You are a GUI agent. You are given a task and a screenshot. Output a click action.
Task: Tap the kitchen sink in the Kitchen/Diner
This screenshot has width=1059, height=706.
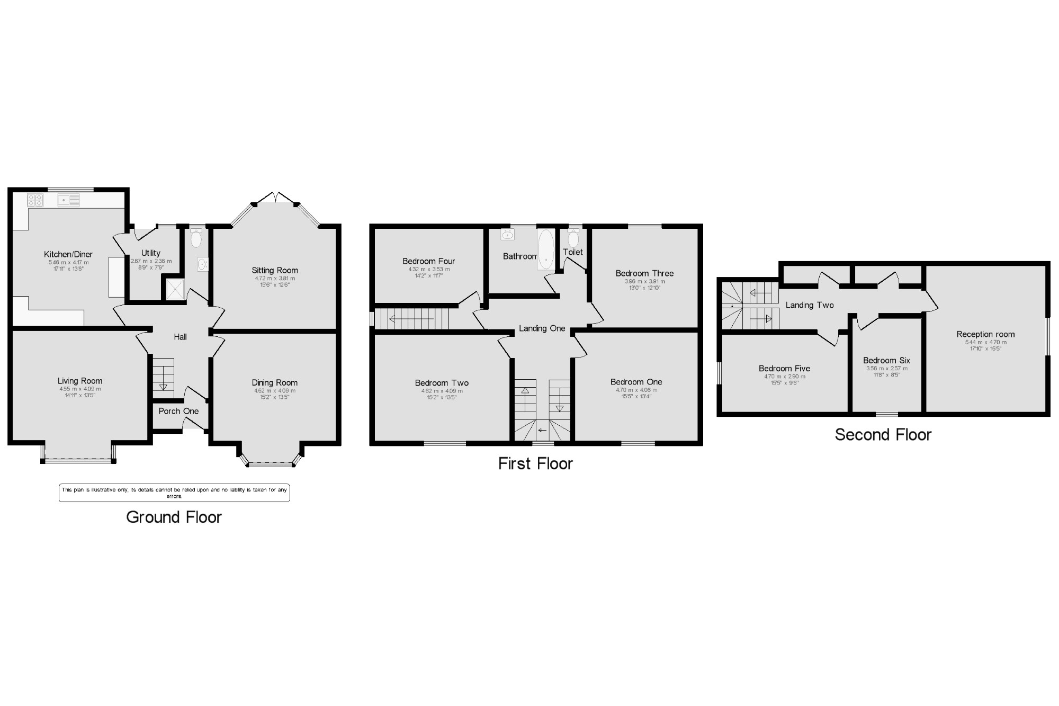click(x=69, y=200)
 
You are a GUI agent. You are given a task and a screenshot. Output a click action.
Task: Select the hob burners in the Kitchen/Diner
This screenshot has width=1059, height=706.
click(x=35, y=200)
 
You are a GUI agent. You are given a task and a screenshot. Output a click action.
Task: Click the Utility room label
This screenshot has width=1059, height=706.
click(x=151, y=253)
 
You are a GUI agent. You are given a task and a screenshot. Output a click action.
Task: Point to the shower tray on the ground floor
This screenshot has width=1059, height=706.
click(x=175, y=289)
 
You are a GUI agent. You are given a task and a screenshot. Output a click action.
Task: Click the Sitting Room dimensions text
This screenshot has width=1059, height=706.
click(x=275, y=281)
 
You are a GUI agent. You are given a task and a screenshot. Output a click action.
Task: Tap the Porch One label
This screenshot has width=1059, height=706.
click(x=178, y=411)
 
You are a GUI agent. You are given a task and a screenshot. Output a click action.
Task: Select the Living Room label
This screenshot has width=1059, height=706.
click(x=80, y=381)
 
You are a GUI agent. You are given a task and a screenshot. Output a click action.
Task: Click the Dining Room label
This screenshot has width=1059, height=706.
click(x=275, y=382)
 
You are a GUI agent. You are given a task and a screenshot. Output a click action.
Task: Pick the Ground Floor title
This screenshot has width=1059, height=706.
click(x=174, y=517)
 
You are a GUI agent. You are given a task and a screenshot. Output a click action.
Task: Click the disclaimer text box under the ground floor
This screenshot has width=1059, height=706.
click(x=174, y=493)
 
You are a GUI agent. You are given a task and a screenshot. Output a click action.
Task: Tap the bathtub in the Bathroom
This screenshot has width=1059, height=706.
click(x=546, y=249)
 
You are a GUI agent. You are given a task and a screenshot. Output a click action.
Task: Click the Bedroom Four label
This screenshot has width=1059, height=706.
click(x=429, y=261)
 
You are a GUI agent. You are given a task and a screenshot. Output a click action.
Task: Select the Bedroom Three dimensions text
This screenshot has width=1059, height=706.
click(x=645, y=284)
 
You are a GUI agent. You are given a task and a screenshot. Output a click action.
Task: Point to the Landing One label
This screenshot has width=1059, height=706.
click(x=542, y=328)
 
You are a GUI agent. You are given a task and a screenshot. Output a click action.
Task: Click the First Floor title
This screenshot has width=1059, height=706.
click(x=535, y=463)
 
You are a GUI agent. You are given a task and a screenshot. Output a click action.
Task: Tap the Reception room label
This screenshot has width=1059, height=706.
click(x=985, y=334)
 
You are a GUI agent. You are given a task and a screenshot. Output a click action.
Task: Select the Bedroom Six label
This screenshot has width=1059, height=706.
click(x=886, y=361)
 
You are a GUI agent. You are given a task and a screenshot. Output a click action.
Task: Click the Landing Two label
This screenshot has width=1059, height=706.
click(x=810, y=305)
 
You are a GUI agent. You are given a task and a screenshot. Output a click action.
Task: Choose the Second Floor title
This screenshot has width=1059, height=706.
click(x=883, y=435)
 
